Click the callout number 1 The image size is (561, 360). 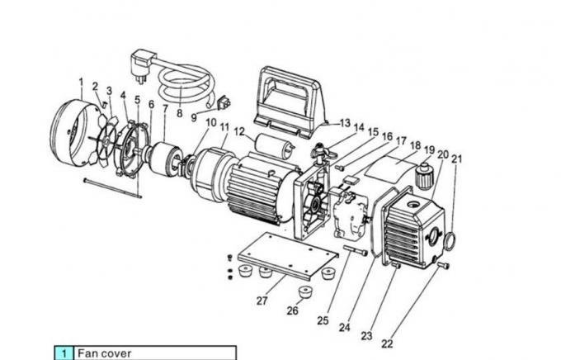[x=81, y=82]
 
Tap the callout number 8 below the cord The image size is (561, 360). [x=179, y=112]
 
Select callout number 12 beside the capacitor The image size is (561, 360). [x=238, y=132]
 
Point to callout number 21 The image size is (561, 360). [x=456, y=159]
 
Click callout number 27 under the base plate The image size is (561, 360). [x=262, y=301]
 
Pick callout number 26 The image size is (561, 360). [x=292, y=310]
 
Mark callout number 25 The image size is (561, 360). [x=323, y=320]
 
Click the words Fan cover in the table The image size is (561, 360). [x=104, y=353]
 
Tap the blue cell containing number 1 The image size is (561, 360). [x=64, y=353]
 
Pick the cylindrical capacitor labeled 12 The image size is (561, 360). [x=274, y=149]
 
